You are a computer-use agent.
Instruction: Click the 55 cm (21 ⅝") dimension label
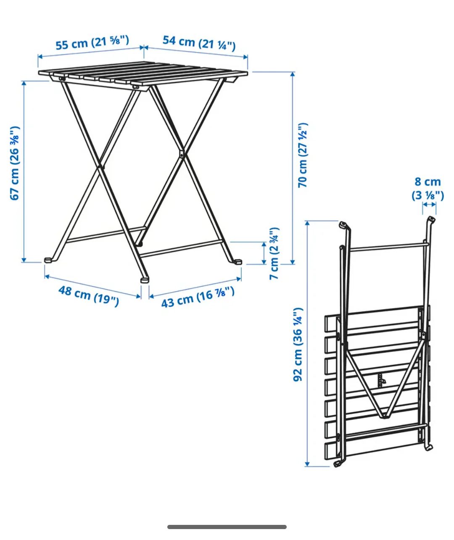tap(92, 43)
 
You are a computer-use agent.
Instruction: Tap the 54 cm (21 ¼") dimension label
tap(199, 42)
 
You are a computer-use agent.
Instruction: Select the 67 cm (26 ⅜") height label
tap(15, 163)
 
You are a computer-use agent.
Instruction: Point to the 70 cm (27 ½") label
tap(303, 155)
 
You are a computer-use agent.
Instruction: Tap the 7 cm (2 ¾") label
tap(274, 254)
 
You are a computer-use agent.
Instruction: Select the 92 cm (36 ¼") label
tap(298, 345)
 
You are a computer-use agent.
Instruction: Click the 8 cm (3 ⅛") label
tap(428, 188)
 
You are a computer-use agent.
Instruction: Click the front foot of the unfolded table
tap(145, 279)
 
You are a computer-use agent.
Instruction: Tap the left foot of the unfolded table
tap(49, 260)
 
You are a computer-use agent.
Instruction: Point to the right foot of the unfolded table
tap(238, 261)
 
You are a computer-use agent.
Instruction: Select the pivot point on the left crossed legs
tap(100, 167)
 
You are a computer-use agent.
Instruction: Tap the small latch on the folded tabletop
tap(381, 380)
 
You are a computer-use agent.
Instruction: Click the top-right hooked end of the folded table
tap(431, 219)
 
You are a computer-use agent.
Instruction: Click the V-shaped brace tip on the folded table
tap(383, 416)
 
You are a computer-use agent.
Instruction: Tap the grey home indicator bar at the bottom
tap(227, 527)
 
